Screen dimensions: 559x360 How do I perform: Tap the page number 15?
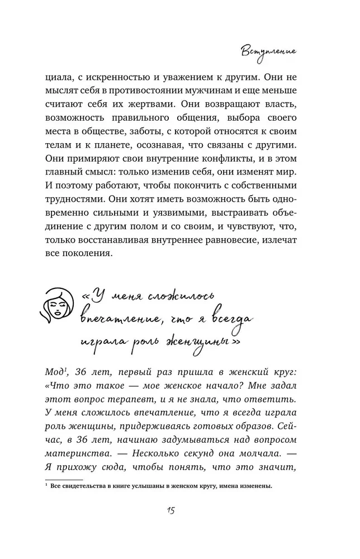click(181, 512)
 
